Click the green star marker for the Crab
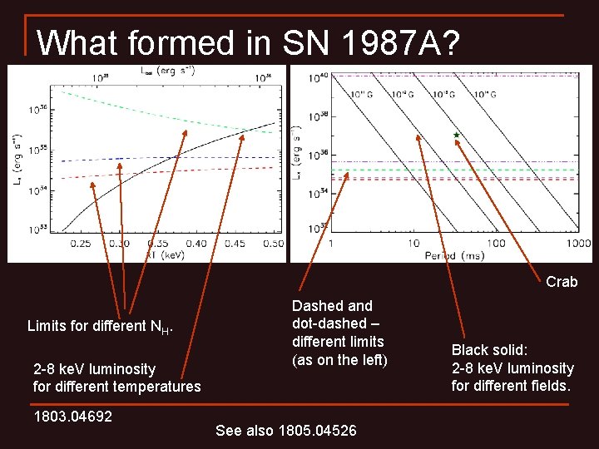pos(456,134)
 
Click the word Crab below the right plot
pos(562,282)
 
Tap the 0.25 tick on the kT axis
pos(81,244)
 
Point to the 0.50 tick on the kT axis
pos(273,244)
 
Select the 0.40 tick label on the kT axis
pos(196,244)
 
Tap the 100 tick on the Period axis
pos(495,243)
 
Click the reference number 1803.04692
pos(72,415)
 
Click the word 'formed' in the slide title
pos(168,42)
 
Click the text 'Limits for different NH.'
pos(100,326)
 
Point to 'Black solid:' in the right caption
pos(489,350)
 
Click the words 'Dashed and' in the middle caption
pos(332,305)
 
